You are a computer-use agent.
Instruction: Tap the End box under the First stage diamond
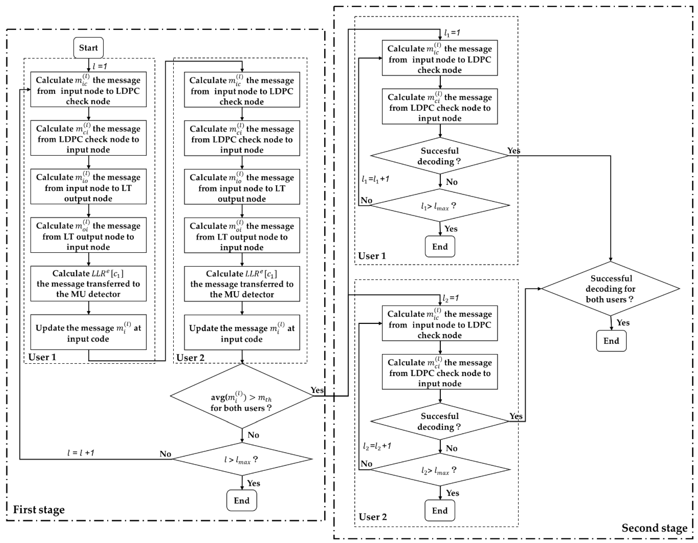(242, 500)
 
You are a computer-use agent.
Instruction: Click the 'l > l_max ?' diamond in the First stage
(242, 459)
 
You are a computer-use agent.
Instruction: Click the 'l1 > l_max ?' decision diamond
(440, 205)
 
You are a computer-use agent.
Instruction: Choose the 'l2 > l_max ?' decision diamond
(440, 470)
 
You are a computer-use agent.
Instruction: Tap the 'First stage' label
(39, 509)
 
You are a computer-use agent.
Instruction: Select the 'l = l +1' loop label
(81, 453)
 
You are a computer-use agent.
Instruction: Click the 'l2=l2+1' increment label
(377, 446)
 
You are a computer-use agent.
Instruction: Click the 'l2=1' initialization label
(451, 298)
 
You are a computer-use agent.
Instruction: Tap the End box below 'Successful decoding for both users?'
(611, 341)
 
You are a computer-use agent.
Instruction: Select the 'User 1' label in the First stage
(42, 357)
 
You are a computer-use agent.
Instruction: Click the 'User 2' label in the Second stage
(373, 517)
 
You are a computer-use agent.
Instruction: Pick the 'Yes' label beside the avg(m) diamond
(317, 390)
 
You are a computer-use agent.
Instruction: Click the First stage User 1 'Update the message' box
(88, 332)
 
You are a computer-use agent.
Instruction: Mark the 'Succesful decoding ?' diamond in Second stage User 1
(440, 156)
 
